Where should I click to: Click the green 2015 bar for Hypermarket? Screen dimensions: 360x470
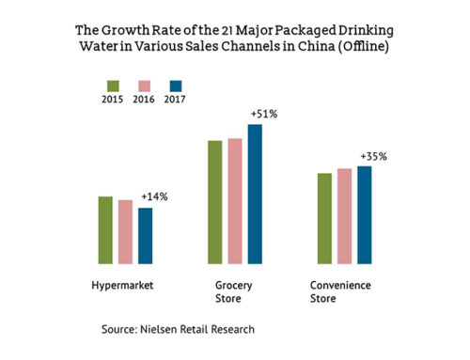pyautogui.click(x=106, y=230)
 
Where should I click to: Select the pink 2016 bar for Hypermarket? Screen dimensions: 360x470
pyautogui.click(x=125, y=232)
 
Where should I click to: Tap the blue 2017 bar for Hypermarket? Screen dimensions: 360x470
pyautogui.click(x=145, y=236)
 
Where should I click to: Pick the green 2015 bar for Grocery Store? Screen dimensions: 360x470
pyautogui.click(x=214, y=203)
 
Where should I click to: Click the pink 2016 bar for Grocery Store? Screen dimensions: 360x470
pyautogui.click(x=234, y=202)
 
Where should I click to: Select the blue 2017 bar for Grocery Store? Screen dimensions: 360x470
pyautogui.click(x=254, y=195)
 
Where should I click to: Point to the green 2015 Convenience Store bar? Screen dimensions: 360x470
pyautogui.click(x=325, y=219)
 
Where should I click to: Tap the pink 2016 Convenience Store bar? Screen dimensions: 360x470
pyautogui.click(x=345, y=217)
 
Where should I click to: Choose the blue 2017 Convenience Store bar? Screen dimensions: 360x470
pyautogui.click(x=365, y=215)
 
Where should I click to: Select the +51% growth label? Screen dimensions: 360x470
pyautogui.click(x=262, y=114)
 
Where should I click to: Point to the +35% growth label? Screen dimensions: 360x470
pyautogui.click(x=373, y=156)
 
